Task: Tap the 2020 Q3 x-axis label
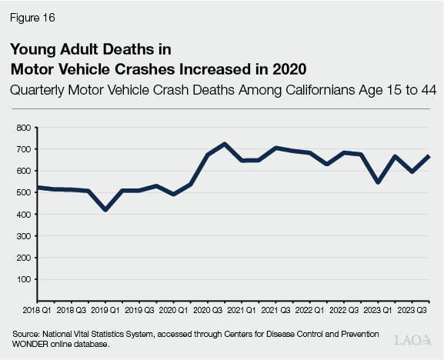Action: point(206,310)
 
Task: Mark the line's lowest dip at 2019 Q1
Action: point(105,210)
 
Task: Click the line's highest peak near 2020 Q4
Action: point(224,144)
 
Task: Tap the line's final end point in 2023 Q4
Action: point(429,156)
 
